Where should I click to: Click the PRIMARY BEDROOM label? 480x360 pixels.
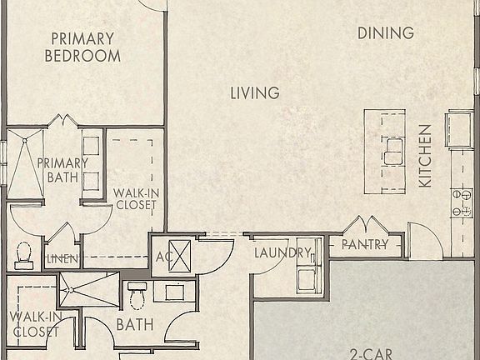(x=82, y=47)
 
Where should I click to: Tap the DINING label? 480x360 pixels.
(x=386, y=33)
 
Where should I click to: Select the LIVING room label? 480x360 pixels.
(x=255, y=93)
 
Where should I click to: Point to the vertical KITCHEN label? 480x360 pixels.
(x=425, y=156)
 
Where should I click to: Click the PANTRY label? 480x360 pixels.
(x=365, y=245)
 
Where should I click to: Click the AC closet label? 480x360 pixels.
(x=163, y=257)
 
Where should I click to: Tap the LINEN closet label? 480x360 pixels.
(x=62, y=259)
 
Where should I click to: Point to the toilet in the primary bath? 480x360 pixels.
(x=23, y=254)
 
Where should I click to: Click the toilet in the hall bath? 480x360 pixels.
(x=137, y=295)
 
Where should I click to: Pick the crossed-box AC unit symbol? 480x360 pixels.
(x=182, y=253)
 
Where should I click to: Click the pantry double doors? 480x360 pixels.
(x=366, y=225)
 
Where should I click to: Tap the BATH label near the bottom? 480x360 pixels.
(x=133, y=324)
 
